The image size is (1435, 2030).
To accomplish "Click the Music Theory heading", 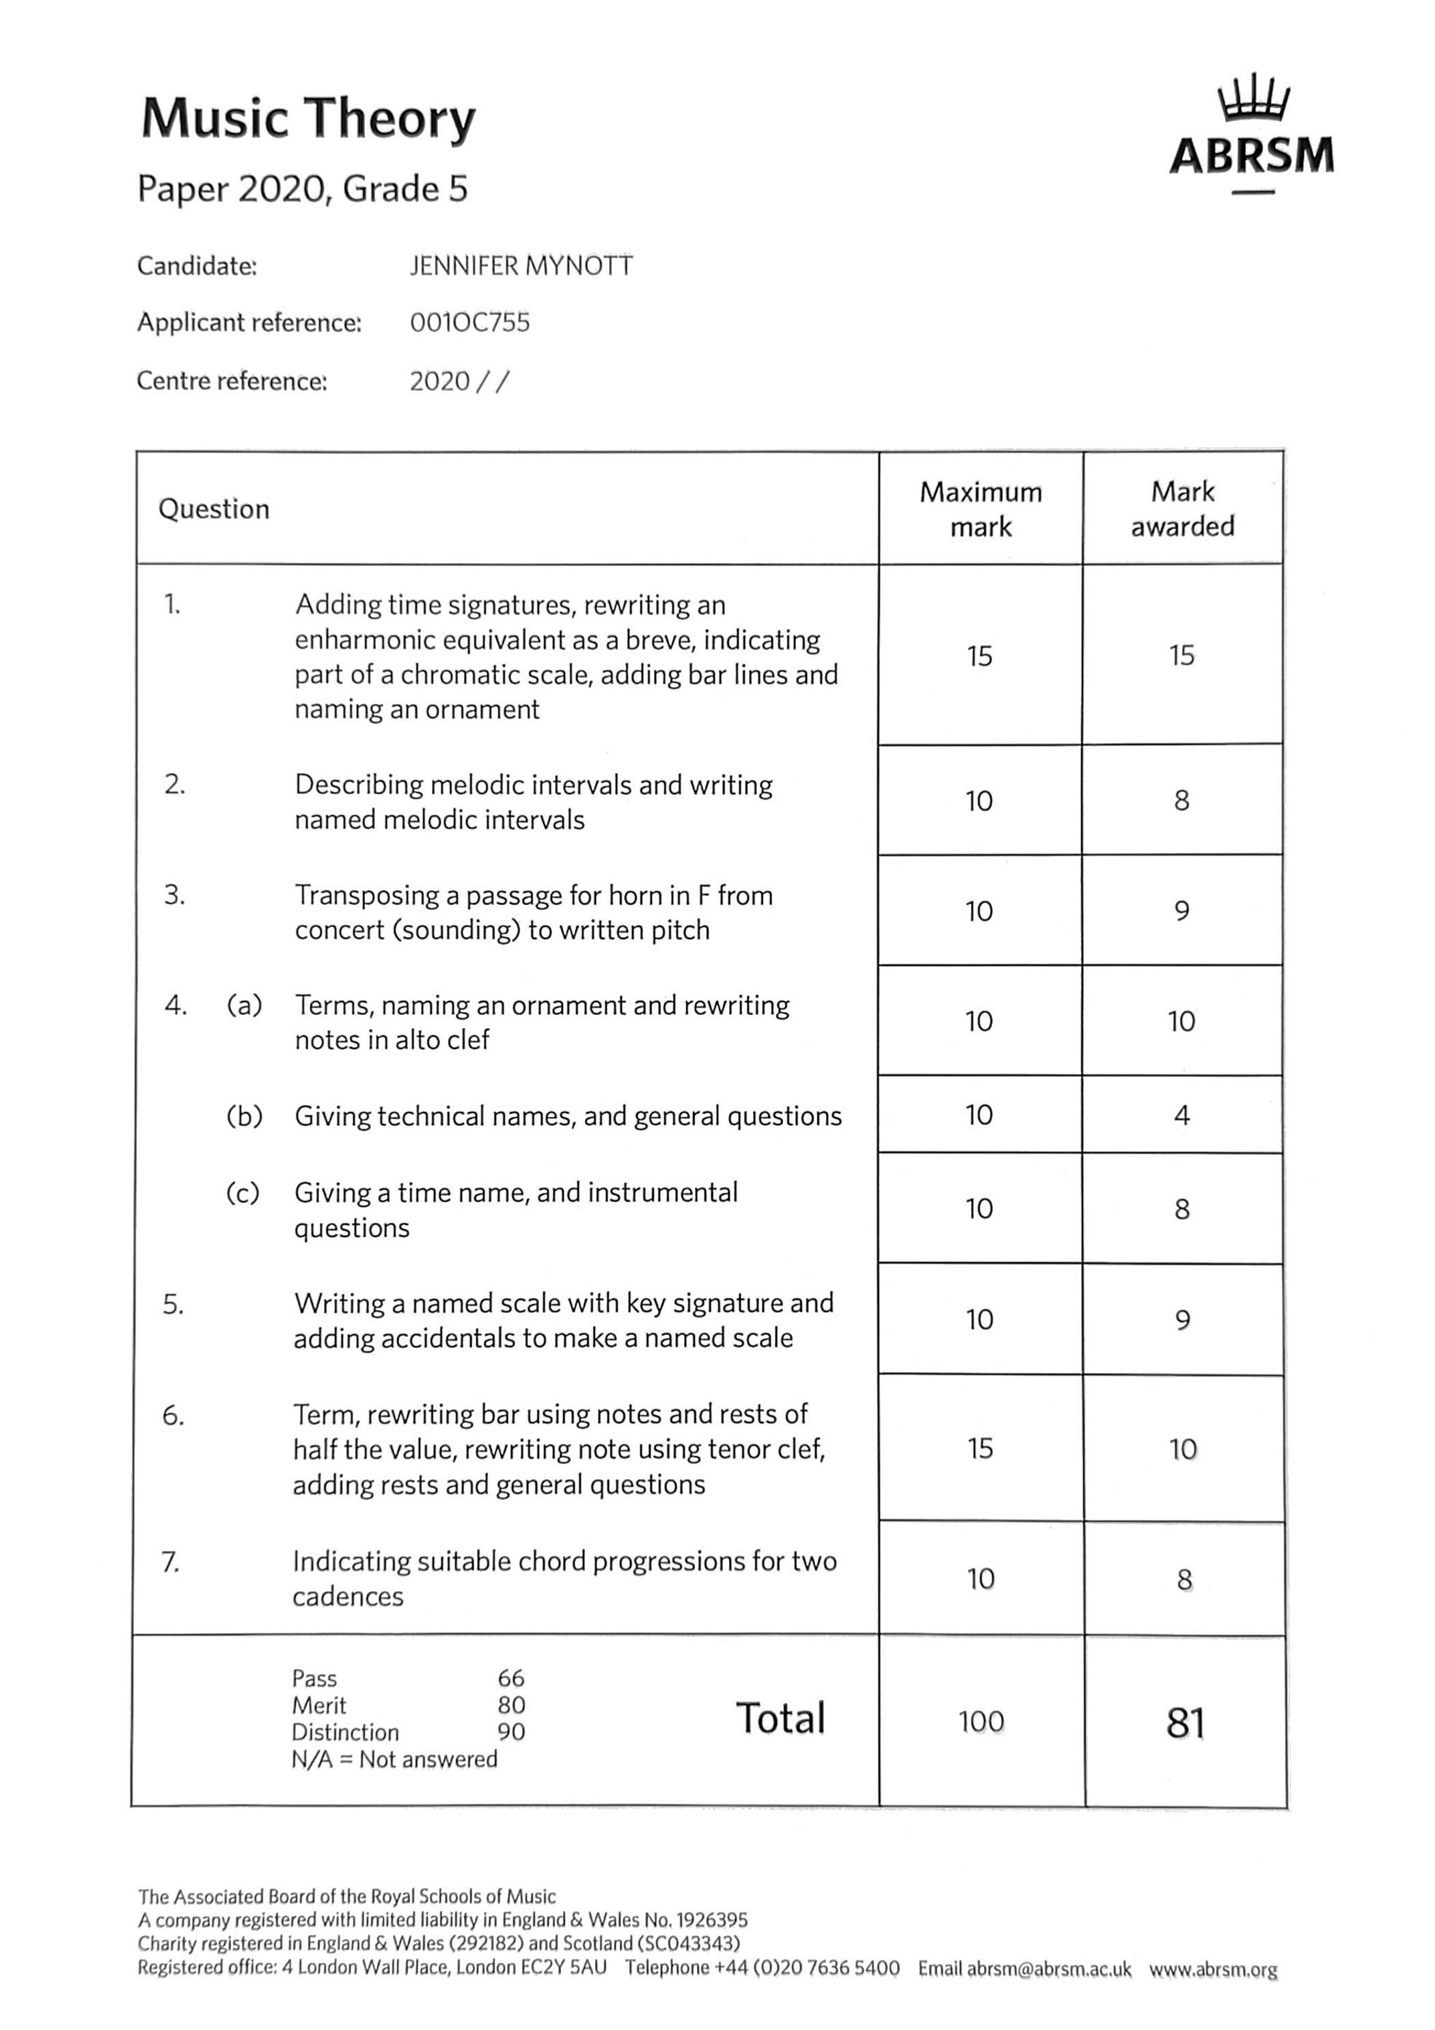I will coord(309,118).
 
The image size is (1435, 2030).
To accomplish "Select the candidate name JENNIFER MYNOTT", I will coord(521,266).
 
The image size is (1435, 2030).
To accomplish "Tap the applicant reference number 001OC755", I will coord(469,323).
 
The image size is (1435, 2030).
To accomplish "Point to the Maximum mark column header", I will coord(981,509).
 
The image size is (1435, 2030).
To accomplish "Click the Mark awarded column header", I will coord(1182,509).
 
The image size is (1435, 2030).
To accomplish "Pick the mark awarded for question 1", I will coord(1181,655).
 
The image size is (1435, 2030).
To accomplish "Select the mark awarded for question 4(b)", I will coord(1181,1115).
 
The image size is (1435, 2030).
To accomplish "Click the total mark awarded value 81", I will coord(1185,1722).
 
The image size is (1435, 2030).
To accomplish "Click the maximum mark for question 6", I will coord(980,1448).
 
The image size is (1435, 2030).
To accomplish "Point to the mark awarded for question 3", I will coord(1181,910).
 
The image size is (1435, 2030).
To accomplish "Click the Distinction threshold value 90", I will coord(511,1731).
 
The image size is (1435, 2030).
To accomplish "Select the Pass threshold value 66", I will coord(511,1677).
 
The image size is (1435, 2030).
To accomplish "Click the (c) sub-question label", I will coord(243,1193).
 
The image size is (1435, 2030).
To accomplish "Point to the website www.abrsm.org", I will coord(1213,1969).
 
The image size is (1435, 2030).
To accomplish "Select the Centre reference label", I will coord(232,381).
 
